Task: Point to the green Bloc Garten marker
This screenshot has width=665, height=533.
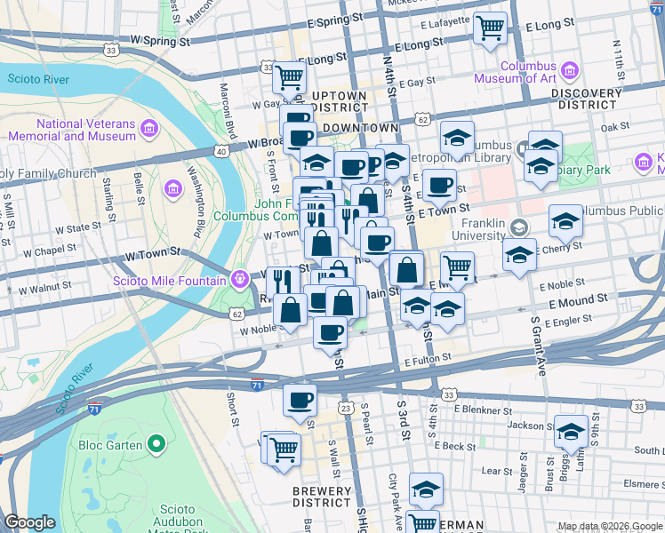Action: click(x=156, y=442)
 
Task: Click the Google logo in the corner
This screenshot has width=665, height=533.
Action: click(x=29, y=522)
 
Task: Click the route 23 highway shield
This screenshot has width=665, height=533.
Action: click(x=345, y=407)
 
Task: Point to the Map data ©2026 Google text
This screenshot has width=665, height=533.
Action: click(x=609, y=526)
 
